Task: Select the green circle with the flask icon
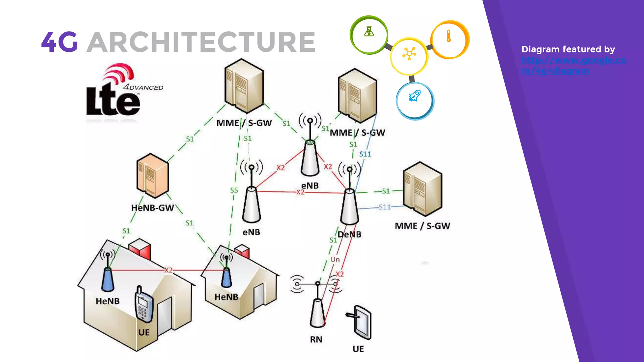369,35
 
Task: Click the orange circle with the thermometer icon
449,39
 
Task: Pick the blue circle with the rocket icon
414,101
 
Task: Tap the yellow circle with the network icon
409,56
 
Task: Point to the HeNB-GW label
153,208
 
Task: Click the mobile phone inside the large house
143,305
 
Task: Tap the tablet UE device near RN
361,322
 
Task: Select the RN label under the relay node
316,339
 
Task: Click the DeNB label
350,234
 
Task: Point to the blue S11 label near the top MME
365,154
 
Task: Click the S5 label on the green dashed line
234,190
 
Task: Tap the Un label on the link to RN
335,259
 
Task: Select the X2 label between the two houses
169,270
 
